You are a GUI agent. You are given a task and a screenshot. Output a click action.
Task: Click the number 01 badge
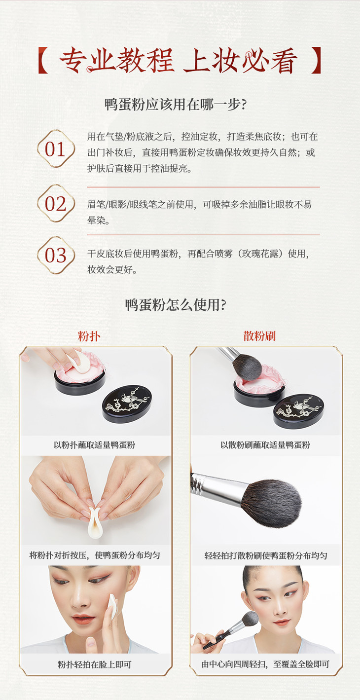(x=56, y=149)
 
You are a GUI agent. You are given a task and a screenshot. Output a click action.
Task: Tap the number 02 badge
(x=56, y=203)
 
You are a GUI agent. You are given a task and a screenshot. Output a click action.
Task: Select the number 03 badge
(x=56, y=255)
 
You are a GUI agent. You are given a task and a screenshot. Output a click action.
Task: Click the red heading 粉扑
(x=89, y=336)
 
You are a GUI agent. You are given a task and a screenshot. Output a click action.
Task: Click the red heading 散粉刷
(x=259, y=336)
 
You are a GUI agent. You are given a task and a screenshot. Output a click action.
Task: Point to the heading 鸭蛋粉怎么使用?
(x=176, y=305)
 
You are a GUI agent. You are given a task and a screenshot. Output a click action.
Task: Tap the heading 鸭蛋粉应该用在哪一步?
(x=176, y=105)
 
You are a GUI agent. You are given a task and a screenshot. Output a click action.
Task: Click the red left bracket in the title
(x=43, y=60)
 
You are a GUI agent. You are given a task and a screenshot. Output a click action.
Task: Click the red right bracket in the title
(x=316, y=60)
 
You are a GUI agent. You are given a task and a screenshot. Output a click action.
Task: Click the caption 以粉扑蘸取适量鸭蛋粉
(x=94, y=445)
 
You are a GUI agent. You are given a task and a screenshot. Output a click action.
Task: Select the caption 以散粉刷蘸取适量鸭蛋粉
(x=265, y=445)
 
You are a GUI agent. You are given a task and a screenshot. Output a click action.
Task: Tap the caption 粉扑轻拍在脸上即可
(x=94, y=664)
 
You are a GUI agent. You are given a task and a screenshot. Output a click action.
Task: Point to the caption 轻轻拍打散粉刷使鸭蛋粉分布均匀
(x=266, y=555)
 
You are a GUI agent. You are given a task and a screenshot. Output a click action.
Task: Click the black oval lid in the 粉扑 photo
(x=127, y=404)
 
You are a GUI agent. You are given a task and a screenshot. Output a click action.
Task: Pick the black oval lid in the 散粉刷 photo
(x=298, y=411)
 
